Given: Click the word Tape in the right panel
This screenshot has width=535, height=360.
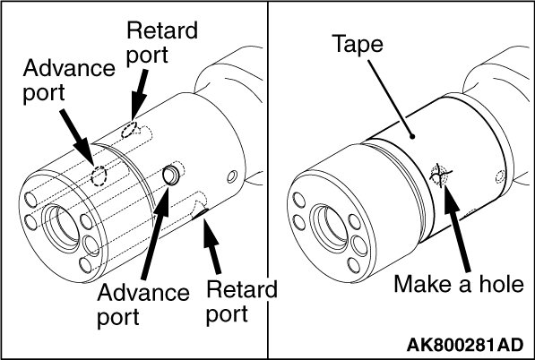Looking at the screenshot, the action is [358, 44].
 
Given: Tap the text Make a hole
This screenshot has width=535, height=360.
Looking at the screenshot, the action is [459, 284].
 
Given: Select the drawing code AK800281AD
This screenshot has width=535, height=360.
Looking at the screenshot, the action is [465, 345].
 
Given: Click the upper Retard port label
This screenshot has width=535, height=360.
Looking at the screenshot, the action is [161, 43].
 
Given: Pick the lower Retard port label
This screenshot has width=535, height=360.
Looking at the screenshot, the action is [242, 302].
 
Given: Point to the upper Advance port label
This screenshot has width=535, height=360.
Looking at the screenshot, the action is [69, 81].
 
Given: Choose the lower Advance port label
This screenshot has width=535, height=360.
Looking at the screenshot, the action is [143, 305].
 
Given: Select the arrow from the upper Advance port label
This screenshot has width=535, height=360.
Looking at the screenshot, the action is [77, 137].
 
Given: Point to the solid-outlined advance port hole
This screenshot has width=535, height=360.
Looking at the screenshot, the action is [171, 176].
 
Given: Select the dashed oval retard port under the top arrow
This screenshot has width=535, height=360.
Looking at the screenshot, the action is [130, 130].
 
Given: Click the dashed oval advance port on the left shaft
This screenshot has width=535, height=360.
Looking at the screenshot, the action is [99, 176].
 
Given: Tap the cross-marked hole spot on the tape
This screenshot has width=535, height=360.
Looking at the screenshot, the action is [439, 176].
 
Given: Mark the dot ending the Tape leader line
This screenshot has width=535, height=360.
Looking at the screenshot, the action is [412, 136].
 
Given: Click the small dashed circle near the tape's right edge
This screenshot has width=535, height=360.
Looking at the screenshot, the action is [500, 176].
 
